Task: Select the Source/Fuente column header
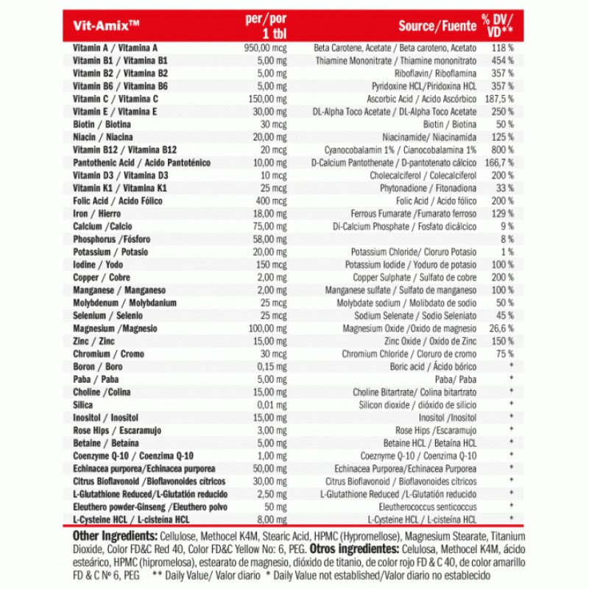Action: point(437,26)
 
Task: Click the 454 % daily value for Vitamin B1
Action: point(502,60)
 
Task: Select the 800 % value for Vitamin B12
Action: point(502,149)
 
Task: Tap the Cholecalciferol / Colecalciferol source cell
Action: point(423,175)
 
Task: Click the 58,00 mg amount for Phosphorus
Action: point(269,239)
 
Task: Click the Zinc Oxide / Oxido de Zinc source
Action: point(430,341)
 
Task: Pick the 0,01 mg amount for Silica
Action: point(271,405)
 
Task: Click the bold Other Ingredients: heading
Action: point(114,536)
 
